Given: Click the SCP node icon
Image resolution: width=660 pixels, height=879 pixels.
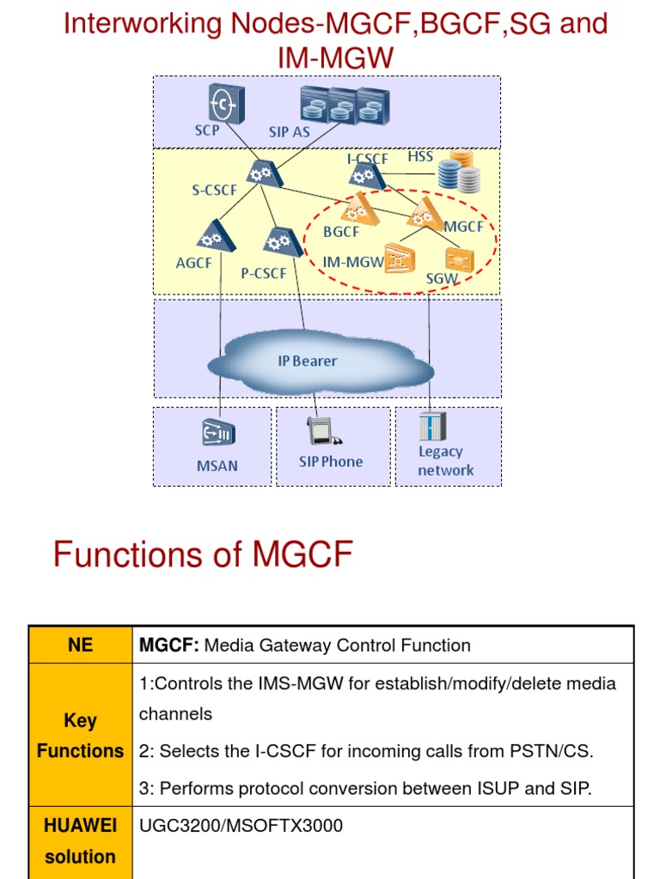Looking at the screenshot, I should [x=226, y=104].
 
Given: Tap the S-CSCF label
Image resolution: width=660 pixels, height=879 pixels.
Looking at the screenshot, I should [x=214, y=191].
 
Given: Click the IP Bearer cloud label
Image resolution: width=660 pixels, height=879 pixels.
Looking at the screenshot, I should [x=308, y=361].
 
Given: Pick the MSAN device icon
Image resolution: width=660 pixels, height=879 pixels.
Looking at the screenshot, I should [x=216, y=433].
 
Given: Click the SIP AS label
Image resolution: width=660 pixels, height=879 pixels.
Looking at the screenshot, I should [x=289, y=132].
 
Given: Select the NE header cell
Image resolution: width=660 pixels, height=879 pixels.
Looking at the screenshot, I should [x=81, y=645].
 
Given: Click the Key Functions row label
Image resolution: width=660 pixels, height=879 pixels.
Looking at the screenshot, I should [x=81, y=736].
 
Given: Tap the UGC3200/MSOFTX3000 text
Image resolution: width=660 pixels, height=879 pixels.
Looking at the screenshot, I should [x=241, y=826].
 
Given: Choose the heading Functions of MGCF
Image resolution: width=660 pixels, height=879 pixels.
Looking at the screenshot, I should [x=203, y=555].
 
